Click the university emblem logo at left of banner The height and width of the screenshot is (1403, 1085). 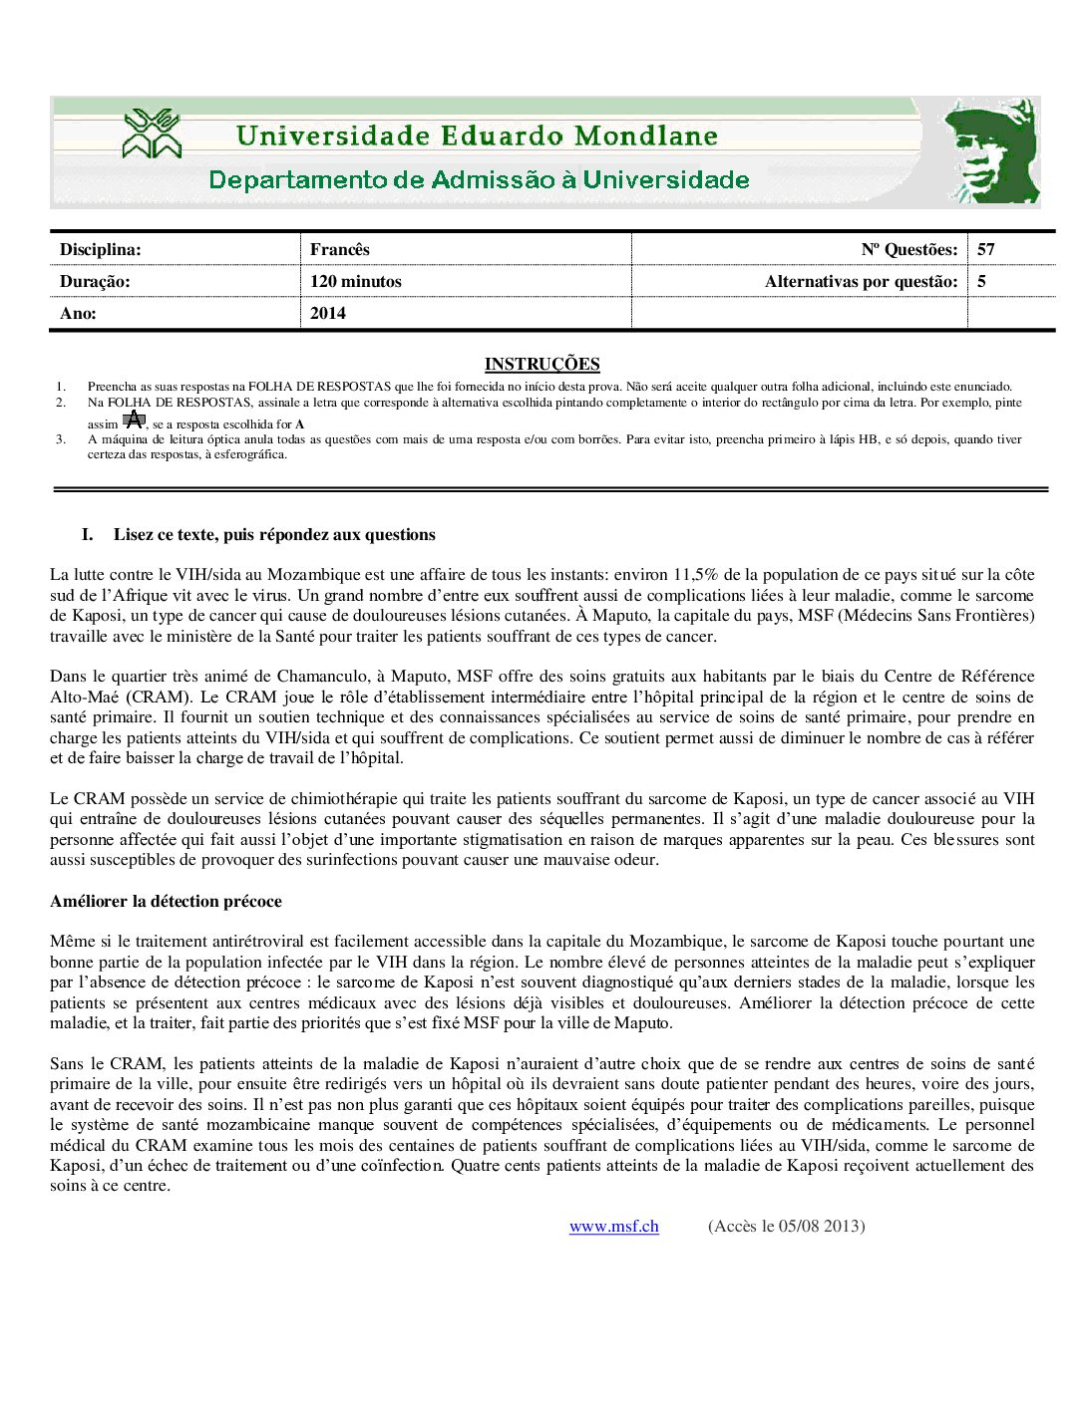click(152, 135)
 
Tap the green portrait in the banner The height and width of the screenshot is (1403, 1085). click(991, 151)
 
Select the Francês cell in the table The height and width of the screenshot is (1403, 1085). click(340, 249)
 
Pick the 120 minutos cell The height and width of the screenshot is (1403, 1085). click(356, 281)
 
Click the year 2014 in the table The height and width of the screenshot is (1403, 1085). click(328, 313)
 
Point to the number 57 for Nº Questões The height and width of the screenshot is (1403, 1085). click(986, 249)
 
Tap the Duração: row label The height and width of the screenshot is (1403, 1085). click(95, 281)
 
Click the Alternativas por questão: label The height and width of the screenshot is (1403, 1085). click(861, 281)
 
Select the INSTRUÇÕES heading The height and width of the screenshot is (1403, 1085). click(542, 364)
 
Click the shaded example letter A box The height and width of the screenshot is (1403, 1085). click(134, 420)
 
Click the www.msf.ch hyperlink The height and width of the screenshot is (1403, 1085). click(613, 1226)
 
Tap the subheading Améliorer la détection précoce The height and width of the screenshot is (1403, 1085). click(166, 901)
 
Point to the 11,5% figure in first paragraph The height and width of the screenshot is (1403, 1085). click(695, 574)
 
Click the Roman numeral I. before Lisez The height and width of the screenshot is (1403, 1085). click(88, 534)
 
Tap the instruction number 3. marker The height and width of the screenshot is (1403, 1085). click(61, 438)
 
